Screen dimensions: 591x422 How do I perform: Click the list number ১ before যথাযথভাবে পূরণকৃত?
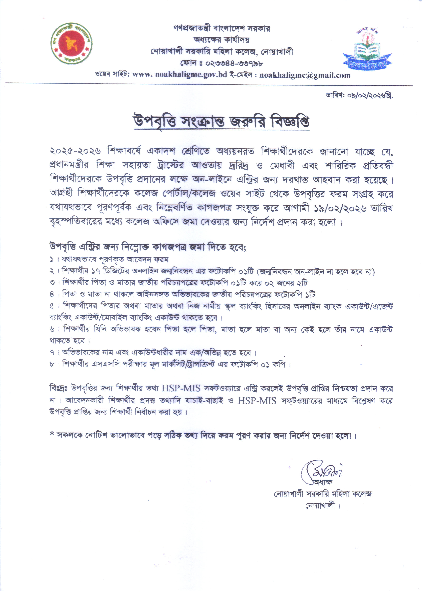click(52, 260)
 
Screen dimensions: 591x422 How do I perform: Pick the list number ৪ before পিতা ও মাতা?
click(52, 295)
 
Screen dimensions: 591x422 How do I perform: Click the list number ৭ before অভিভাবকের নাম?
click(52, 353)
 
